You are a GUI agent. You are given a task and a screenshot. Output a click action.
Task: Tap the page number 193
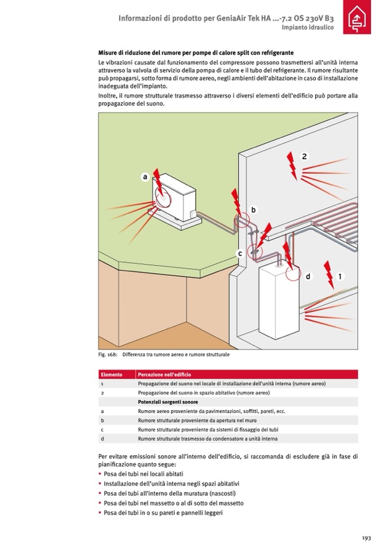point(366,538)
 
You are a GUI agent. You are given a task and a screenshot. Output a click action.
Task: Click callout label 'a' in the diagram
point(146,177)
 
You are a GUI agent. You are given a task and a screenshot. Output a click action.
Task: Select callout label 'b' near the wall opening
point(253,210)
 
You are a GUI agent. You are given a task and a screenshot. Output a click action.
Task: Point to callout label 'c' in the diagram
point(239,253)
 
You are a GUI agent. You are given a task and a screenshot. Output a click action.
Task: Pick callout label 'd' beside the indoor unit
point(308,276)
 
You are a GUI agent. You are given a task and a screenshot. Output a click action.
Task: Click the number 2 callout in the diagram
point(304,156)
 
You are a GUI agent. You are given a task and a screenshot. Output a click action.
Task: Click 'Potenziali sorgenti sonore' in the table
point(168,402)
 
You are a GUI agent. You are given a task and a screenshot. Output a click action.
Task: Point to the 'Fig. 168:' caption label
point(108,355)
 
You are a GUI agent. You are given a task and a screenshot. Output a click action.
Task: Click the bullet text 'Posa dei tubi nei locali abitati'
point(143,474)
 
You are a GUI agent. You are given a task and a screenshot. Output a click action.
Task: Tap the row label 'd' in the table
point(102,438)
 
